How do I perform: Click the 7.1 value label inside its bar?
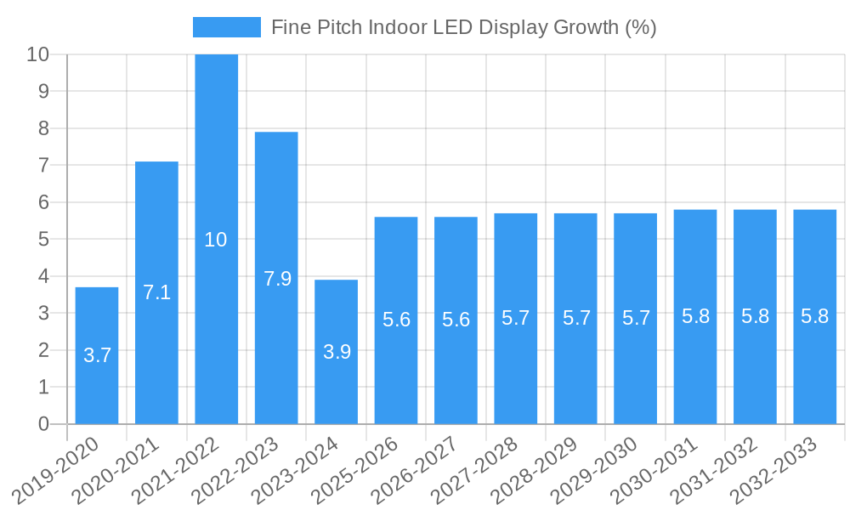pyautogui.click(x=156, y=292)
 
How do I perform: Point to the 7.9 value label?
pyautogui.click(x=277, y=278)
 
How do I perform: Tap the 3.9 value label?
pyautogui.click(x=337, y=352)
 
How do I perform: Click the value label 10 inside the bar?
pyautogui.click(x=216, y=240)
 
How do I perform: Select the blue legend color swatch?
pyautogui.click(x=226, y=27)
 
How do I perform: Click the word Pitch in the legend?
pyautogui.click(x=338, y=27)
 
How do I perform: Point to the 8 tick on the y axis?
pyautogui.click(x=43, y=128)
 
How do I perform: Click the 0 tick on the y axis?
pyautogui.click(x=43, y=424)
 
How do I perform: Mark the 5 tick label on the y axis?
pyautogui.click(x=43, y=240)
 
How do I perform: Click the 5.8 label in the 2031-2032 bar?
pyautogui.click(x=755, y=316)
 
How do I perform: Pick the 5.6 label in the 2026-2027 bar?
pyautogui.click(x=456, y=320)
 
